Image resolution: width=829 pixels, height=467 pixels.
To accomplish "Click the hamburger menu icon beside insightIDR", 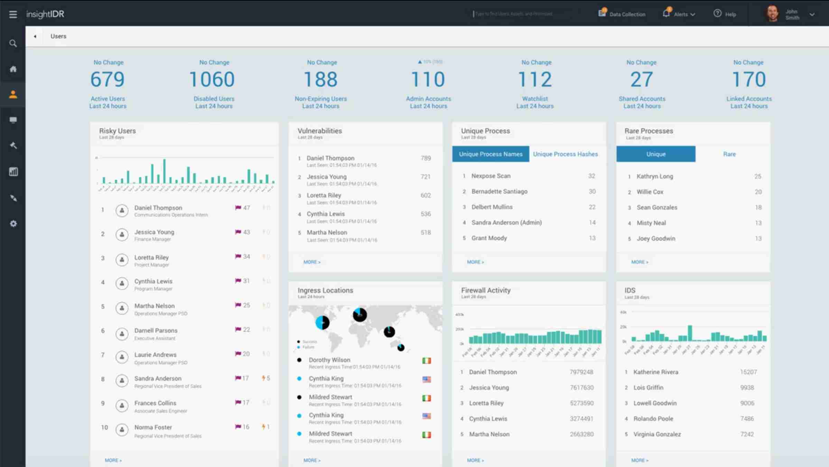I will click(x=13, y=15).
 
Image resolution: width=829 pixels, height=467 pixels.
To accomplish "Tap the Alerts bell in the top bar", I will click(x=666, y=13).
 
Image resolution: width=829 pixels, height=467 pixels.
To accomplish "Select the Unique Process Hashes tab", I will click(x=565, y=154).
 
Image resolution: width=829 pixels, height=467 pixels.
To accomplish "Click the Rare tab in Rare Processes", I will click(x=729, y=154).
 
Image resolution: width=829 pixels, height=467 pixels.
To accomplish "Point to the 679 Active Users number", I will click(x=108, y=79).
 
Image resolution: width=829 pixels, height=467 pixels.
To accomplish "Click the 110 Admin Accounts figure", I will click(x=428, y=79).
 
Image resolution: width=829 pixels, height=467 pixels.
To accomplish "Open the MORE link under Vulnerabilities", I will click(x=311, y=262).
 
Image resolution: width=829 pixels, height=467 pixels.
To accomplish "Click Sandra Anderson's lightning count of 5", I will click(x=266, y=378).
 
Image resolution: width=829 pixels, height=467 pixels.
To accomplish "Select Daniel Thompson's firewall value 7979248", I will click(x=581, y=372).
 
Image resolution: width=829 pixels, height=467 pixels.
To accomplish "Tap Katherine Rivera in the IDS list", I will click(x=655, y=372).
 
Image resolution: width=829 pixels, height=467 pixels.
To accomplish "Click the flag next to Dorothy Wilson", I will click(x=427, y=361).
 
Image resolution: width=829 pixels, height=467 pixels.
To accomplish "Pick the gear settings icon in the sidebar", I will click(x=13, y=224).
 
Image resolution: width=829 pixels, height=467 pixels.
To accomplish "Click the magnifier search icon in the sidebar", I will click(x=13, y=44).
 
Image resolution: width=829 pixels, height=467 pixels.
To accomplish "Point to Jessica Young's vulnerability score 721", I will click(x=425, y=177).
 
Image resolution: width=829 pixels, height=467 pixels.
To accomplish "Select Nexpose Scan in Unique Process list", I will click(x=491, y=176).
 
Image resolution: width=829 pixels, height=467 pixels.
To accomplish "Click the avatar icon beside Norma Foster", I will click(x=122, y=430).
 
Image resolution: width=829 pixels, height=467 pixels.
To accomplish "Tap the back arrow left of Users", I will click(x=35, y=36).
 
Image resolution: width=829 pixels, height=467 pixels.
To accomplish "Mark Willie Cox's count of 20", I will click(x=758, y=192).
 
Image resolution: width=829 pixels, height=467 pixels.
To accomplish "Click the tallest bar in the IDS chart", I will click(x=690, y=333).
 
